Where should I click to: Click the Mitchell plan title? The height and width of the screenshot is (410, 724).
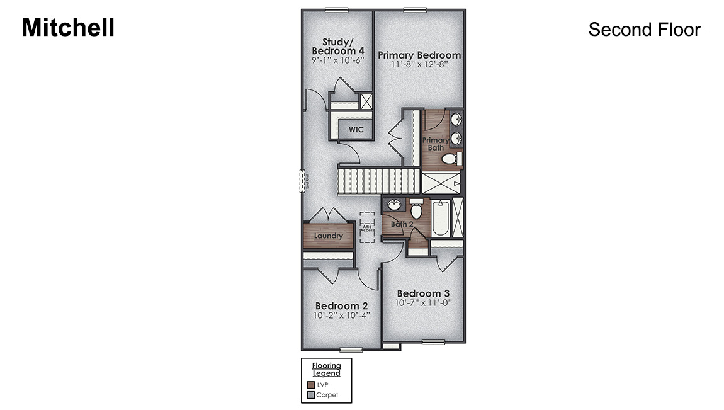coord(68,28)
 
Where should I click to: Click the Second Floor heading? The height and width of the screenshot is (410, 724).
coord(644,30)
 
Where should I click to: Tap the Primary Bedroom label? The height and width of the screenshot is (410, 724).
coord(419,55)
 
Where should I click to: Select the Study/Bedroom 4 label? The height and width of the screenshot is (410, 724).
coord(338,47)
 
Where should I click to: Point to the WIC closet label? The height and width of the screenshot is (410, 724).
coord(356,130)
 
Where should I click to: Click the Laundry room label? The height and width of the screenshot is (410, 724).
coord(329,236)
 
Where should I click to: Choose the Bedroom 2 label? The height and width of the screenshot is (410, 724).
coord(342,306)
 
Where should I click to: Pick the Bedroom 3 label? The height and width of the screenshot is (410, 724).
coord(423,293)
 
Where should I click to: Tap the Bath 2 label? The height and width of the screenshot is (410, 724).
coord(401,224)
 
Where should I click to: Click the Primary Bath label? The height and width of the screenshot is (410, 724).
coord(436,144)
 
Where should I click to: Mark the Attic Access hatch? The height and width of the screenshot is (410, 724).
coord(367,227)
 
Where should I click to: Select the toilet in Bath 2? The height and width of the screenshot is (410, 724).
coord(416,209)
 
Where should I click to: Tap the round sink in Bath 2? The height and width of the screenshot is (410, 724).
coord(395,205)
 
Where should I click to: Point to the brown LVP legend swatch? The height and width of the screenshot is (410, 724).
coord(310,384)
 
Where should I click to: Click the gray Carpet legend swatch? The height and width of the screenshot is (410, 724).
coord(310,395)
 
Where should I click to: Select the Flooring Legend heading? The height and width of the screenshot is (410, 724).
coord(326,369)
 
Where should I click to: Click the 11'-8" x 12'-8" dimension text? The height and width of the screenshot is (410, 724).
coord(419,64)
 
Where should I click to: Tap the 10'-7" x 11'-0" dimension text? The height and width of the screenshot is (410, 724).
coord(423,303)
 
